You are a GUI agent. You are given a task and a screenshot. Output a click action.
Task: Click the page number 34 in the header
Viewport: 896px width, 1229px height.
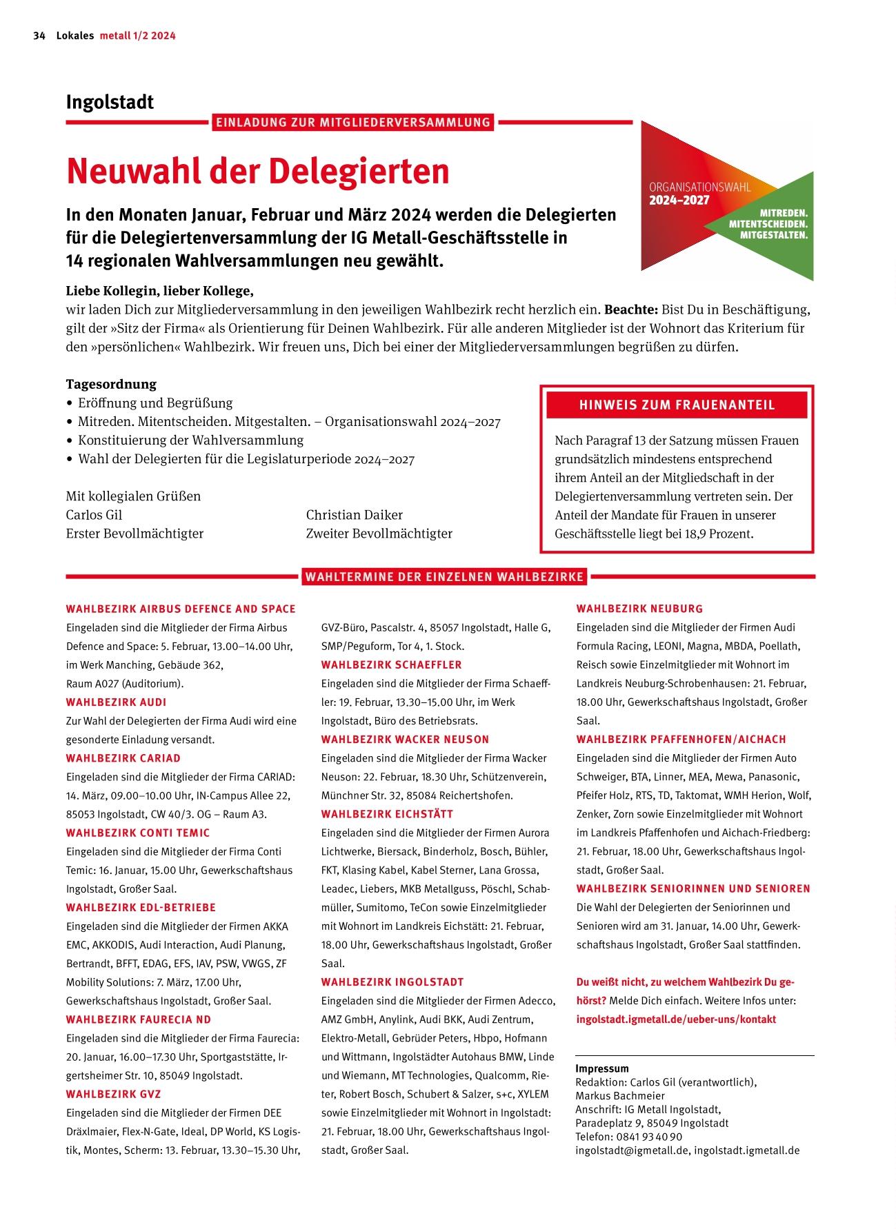(x=39, y=36)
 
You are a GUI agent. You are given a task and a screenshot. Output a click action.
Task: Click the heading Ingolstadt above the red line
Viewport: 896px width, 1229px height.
(x=110, y=102)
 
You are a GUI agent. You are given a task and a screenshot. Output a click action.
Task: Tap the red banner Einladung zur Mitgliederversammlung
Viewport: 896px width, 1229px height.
(x=352, y=123)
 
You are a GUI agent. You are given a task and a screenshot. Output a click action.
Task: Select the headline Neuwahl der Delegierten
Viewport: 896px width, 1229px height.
(x=257, y=171)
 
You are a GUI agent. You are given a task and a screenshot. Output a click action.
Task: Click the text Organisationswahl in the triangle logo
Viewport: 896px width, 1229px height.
(x=699, y=187)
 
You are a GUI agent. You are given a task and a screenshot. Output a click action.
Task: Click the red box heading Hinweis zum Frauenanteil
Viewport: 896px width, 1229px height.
(x=677, y=405)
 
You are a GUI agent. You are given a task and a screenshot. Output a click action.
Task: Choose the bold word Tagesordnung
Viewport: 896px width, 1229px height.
(x=111, y=384)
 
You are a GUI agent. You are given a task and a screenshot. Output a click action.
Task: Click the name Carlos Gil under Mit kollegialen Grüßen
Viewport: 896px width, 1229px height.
(x=94, y=515)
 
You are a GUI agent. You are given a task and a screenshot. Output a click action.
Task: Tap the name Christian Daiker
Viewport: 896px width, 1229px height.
(x=354, y=515)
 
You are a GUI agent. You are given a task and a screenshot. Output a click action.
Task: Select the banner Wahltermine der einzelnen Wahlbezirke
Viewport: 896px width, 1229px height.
(x=444, y=576)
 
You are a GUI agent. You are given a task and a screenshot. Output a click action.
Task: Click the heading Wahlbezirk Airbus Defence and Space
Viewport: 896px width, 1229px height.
(x=181, y=609)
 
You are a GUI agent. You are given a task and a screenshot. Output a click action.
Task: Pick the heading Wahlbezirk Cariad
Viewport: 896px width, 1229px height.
(x=123, y=758)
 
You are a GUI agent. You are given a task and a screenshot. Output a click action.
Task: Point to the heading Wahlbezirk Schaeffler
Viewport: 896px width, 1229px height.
(x=391, y=664)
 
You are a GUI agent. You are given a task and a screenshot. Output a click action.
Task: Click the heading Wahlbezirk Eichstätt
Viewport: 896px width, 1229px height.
(x=387, y=814)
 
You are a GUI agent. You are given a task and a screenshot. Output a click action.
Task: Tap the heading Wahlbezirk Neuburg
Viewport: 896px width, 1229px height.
(x=639, y=609)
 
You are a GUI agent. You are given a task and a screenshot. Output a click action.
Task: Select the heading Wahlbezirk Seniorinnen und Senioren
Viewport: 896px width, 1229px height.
(x=693, y=888)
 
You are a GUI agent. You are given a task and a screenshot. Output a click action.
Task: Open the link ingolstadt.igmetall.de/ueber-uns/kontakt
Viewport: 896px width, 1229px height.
(x=676, y=1019)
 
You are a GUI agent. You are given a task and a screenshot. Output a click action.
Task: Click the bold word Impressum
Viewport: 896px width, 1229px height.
(x=602, y=1068)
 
